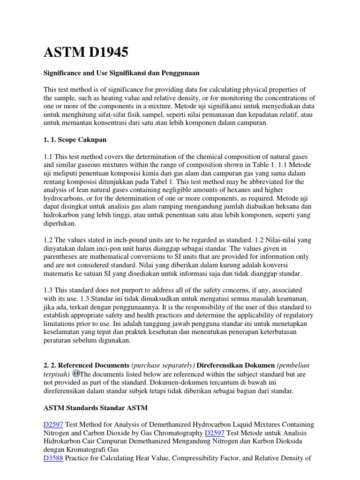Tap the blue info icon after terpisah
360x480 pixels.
click(76, 373)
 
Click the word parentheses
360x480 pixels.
click(65, 257)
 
